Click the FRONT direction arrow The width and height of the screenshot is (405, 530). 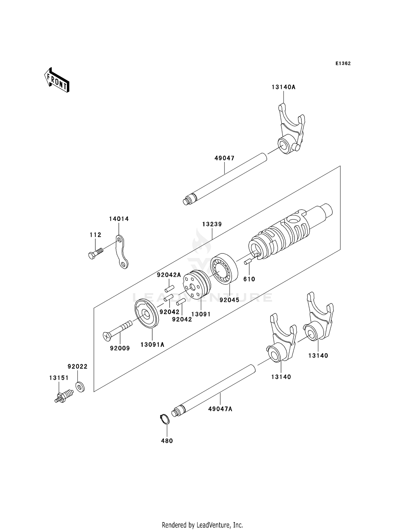tap(57, 80)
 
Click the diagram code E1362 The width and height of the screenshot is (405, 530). tap(343, 63)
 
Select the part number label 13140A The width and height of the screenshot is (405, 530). tap(283, 87)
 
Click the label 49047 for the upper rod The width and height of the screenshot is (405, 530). tap(224, 158)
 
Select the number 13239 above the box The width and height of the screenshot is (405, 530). tap(212, 224)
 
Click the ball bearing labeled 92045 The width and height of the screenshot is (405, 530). tap(224, 268)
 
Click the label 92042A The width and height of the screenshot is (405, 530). tap(169, 275)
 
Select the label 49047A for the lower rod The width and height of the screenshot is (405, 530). tap(220, 409)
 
